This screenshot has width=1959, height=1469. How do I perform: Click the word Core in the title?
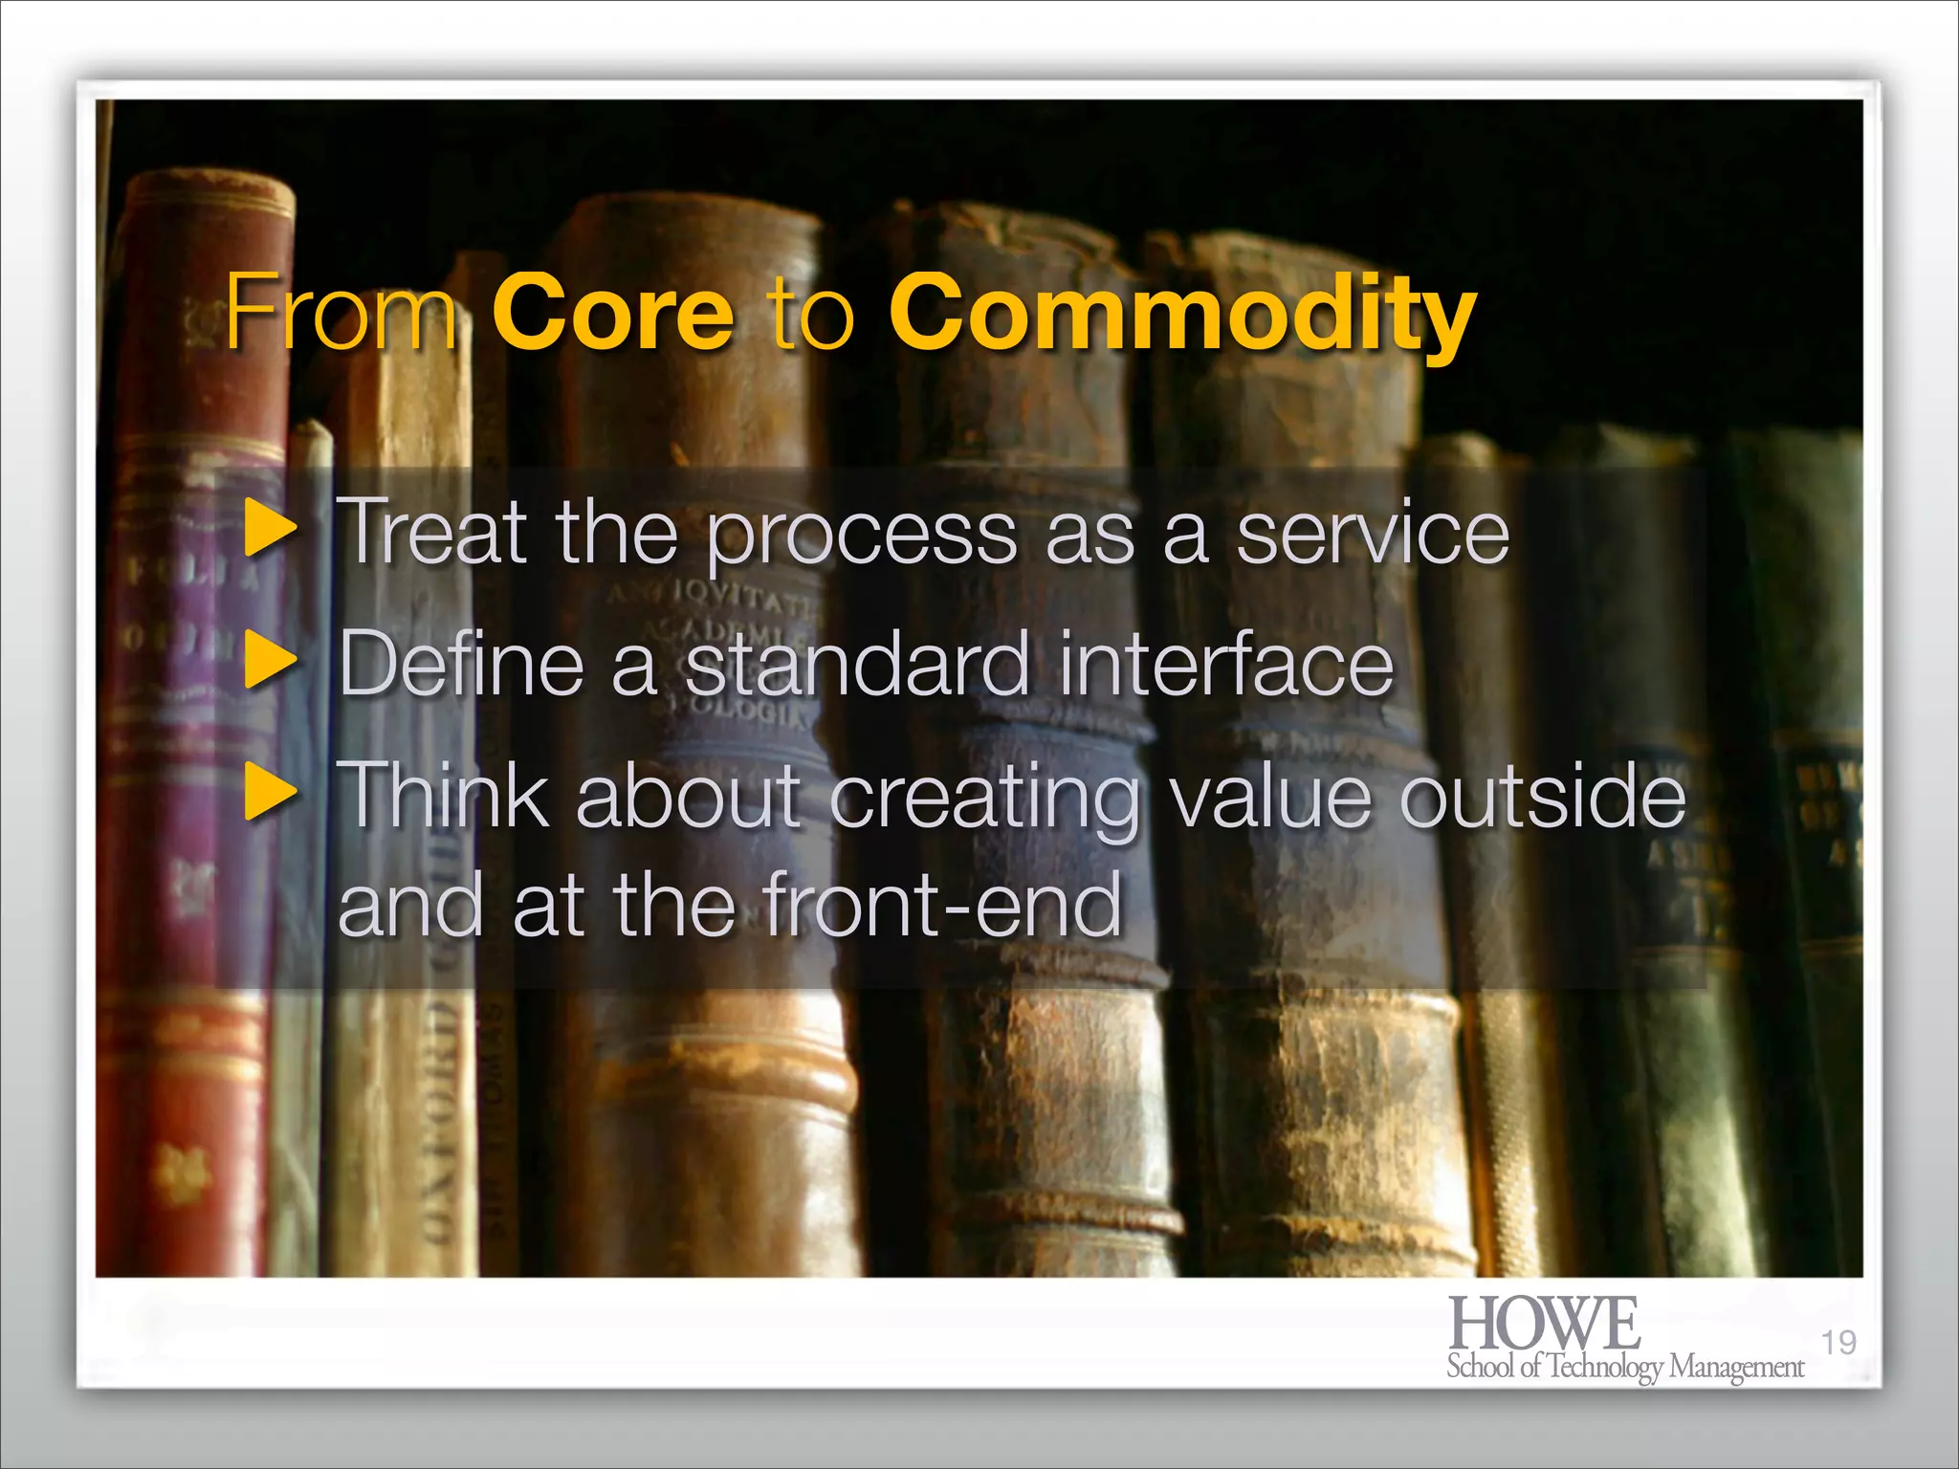pyautogui.click(x=613, y=314)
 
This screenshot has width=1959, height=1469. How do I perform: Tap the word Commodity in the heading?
pyautogui.click(x=1182, y=314)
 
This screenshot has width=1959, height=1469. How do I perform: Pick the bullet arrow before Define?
pyautogui.click(x=271, y=663)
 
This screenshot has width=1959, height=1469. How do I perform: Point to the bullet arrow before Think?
pyautogui.click(x=271, y=793)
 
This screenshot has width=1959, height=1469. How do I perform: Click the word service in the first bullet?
pyautogui.click(x=1373, y=534)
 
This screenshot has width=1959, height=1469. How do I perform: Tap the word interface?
pyautogui.click(x=1226, y=663)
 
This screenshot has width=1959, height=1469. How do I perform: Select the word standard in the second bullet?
pyautogui.click(x=857, y=663)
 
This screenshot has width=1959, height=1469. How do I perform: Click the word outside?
pyautogui.click(x=1542, y=795)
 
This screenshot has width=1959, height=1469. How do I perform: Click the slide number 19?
pyautogui.click(x=1838, y=1343)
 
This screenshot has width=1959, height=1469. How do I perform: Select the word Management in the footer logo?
pyautogui.click(x=1736, y=1368)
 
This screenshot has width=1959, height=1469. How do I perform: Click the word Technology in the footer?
pyautogui.click(x=1606, y=1368)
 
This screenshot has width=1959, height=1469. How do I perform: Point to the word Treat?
pyautogui.click(x=432, y=532)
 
